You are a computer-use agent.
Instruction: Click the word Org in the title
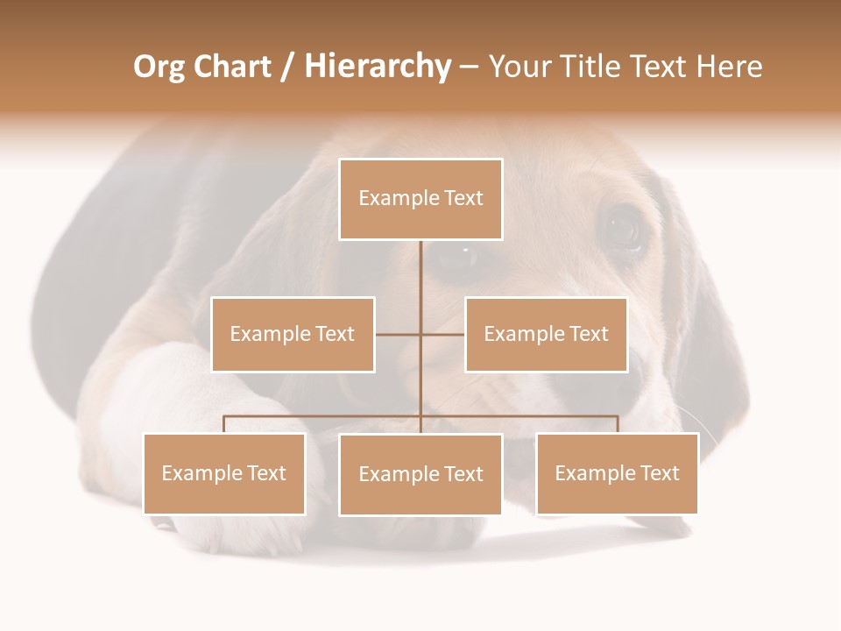(159, 67)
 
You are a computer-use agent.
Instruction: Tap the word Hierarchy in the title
(377, 67)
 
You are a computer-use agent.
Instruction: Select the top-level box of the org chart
(420, 199)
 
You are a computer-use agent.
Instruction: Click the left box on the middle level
(293, 334)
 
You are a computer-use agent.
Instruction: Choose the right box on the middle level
(546, 334)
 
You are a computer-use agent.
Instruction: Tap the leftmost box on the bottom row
(224, 473)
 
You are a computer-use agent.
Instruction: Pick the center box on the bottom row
(420, 474)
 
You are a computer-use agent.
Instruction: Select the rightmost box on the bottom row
(617, 473)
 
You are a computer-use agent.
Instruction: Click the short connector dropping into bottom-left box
(224, 424)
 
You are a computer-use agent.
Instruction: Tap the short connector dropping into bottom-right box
(617, 424)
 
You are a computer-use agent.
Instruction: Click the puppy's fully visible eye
(623, 229)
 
